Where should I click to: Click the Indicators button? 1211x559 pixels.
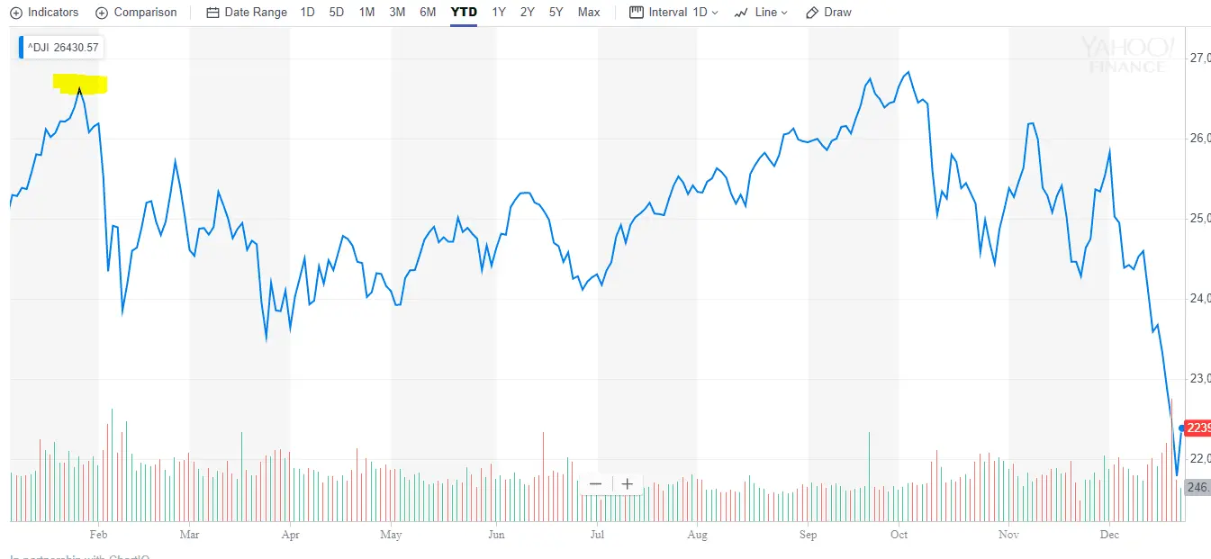point(44,13)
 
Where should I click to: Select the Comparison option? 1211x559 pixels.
point(136,13)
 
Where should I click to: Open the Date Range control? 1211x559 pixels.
point(247,13)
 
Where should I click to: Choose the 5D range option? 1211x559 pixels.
point(337,13)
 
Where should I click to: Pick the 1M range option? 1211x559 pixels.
point(366,13)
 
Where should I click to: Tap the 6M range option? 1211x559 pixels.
point(428,13)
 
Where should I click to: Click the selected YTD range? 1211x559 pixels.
point(464,13)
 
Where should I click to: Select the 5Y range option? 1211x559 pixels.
point(556,13)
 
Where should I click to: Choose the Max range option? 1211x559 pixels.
point(589,13)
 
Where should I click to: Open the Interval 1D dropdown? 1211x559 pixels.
point(673,13)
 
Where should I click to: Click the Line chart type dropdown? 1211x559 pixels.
point(761,13)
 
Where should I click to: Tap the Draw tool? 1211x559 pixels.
point(828,13)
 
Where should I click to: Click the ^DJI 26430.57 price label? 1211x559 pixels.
point(61,48)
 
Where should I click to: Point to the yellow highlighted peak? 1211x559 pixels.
point(80,86)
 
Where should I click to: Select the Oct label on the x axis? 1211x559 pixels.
point(899,535)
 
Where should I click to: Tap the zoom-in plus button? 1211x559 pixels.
point(628,484)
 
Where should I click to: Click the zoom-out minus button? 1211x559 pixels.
point(595,484)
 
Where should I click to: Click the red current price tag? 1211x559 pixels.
point(1198,428)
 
